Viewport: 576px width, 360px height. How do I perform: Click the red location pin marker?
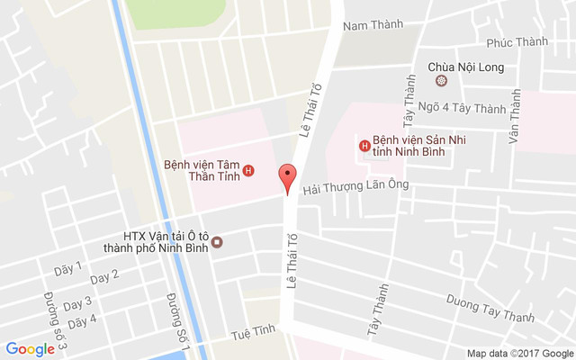pyautogui.click(x=287, y=179)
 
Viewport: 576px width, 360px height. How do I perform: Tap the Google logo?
pyautogui.click(x=31, y=349)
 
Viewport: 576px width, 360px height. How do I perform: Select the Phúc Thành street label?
pyautogui.click(x=517, y=42)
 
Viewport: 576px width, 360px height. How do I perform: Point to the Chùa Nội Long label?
pyautogui.click(x=465, y=67)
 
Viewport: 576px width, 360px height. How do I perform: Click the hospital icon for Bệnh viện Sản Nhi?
pyautogui.click(x=364, y=145)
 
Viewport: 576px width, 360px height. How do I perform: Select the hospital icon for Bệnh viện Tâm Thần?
pyautogui.click(x=248, y=171)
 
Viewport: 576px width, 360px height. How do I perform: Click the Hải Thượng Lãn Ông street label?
pyautogui.click(x=356, y=185)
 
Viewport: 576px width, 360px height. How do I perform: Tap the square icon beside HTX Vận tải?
pyautogui.click(x=217, y=242)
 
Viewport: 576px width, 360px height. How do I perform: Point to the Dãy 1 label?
pyautogui.click(x=67, y=268)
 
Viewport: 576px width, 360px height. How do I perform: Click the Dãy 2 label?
pyautogui.click(x=104, y=276)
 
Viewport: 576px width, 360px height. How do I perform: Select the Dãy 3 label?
pyautogui.click(x=76, y=302)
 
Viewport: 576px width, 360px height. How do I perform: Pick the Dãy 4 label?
pyautogui.click(x=82, y=320)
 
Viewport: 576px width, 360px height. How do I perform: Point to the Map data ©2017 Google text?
pyautogui.click(x=518, y=352)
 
